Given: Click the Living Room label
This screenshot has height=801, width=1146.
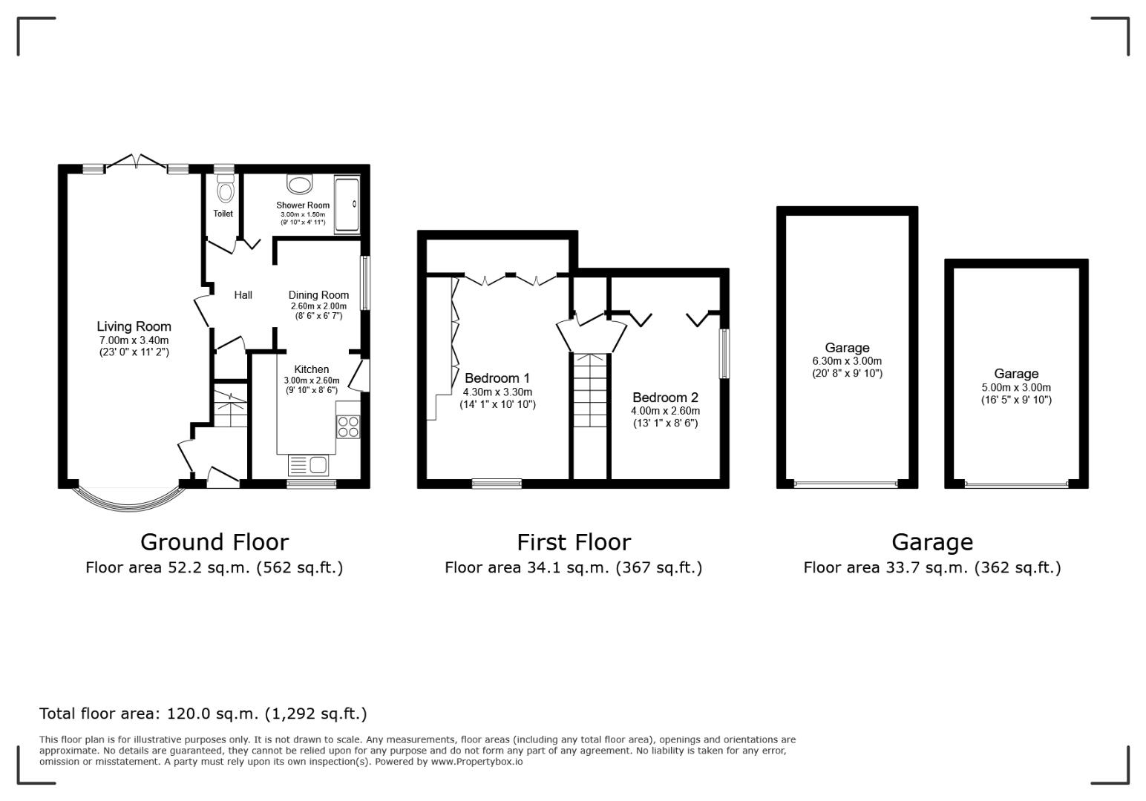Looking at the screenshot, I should click(134, 326).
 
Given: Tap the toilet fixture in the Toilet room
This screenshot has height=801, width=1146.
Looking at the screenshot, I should click(225, 190).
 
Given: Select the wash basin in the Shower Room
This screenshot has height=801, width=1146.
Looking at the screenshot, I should click(301, 185).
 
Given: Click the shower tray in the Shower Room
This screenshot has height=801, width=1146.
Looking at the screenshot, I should click(347, 205).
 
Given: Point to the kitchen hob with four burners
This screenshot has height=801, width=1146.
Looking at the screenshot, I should click(348, 426).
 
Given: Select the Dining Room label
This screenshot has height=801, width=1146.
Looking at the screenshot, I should click(318, 295).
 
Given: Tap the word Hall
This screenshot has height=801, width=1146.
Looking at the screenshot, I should click(243, 295).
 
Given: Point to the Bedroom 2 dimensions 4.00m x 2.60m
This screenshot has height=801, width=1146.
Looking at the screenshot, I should click(665, 411).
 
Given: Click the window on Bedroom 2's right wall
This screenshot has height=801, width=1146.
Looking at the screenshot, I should click(724, 353).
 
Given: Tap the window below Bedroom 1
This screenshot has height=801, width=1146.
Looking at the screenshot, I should click(497, 484).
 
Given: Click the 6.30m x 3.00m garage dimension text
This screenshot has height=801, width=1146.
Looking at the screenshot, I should click(847, 361).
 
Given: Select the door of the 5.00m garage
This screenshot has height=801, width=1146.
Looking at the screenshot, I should click(1016, 485).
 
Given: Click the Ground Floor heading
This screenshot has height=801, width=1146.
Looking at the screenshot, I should click(214, 542).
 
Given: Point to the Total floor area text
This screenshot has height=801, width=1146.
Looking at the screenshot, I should click(203, 713).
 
